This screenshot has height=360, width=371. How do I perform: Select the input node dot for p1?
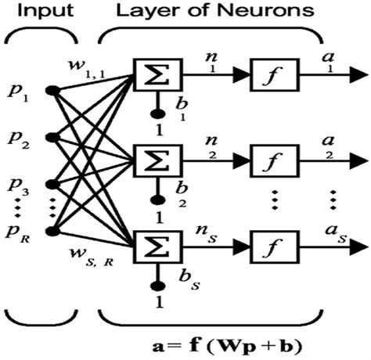coord(52,91)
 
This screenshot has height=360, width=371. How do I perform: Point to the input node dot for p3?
coord(52,185)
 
